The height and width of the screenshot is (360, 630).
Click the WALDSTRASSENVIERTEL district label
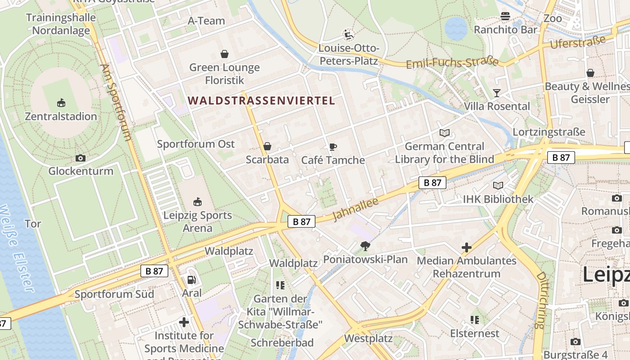(261, 100)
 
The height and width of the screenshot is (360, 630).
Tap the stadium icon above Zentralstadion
(61, 103)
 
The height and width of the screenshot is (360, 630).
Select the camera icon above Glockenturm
(81, 158)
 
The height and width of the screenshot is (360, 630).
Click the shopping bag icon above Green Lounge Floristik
(225, 54)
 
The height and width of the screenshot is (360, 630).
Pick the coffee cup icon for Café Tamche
(333, 147)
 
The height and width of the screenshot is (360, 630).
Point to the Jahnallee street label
(355, 208)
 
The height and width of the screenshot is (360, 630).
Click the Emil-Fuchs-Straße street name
(452, 63)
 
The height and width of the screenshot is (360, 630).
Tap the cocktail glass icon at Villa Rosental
(497, 93)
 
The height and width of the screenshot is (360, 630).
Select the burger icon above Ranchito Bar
(505, 17)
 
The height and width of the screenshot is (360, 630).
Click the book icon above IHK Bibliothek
(498, 185)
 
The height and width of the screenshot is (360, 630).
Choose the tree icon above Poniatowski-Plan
(365, 246)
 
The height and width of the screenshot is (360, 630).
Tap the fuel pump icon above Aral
(192, 280)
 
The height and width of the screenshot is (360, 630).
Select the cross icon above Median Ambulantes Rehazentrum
(467, 247)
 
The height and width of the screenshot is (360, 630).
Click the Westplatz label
(369, 338)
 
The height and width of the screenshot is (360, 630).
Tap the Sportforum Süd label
(114, 294)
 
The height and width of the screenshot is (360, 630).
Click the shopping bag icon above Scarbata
(267, 146)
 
